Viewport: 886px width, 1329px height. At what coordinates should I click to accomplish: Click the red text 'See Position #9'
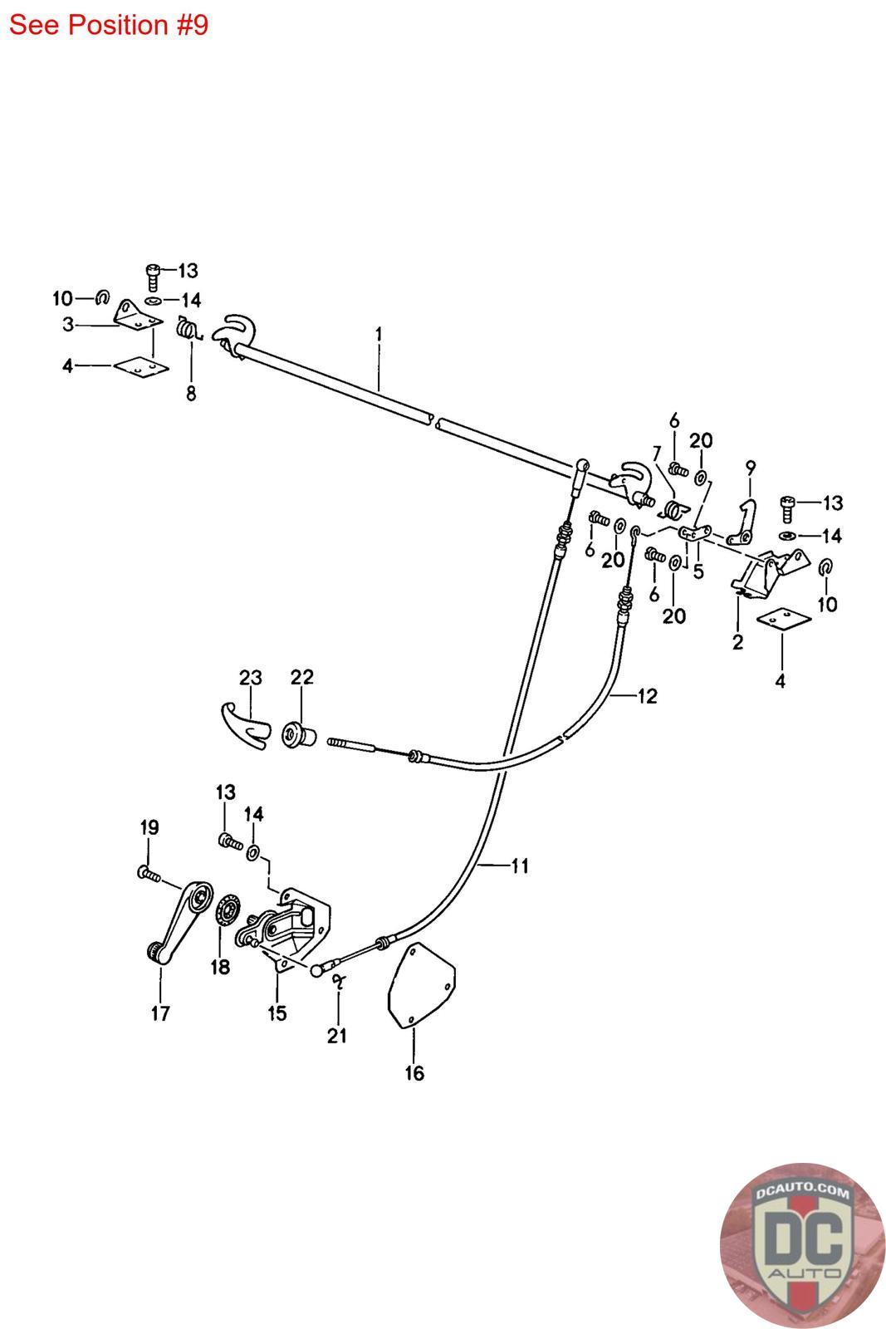(109, 25)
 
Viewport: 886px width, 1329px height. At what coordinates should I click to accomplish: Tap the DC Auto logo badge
(802, 1244)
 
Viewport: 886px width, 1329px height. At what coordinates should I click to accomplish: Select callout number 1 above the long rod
(379, 334)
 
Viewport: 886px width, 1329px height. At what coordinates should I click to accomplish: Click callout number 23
(250, 678)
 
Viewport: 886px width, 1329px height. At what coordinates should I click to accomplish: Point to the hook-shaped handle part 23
(245, 723)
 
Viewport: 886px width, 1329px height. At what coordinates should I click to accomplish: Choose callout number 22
(301, 678)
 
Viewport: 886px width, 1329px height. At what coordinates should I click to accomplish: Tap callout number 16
(414, 1073)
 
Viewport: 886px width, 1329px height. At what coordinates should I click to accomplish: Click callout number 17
(160, 1013)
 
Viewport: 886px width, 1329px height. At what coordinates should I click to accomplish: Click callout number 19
(149, 827)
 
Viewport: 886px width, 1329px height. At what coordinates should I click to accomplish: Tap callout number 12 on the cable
(647, 696)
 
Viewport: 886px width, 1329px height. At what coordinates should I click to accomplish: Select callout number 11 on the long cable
(519, 866)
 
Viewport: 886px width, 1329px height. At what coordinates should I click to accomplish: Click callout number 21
(337, 1035)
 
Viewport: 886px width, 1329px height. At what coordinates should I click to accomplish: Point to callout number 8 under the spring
(191, 394)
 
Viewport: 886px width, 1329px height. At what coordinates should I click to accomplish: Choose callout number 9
(751, 468)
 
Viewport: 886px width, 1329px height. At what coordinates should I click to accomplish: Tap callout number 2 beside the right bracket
(737, 641)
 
